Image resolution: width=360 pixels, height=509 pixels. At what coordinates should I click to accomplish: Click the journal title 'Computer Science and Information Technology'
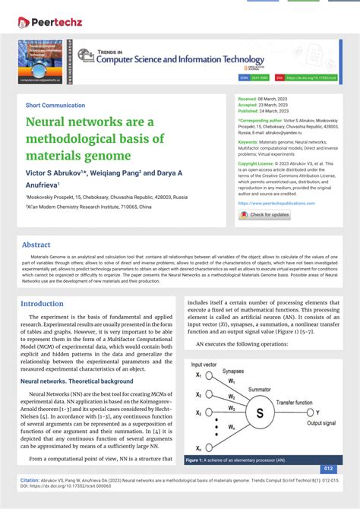tap(197, 59)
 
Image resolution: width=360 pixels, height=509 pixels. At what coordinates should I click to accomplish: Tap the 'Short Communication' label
tap(55, 105)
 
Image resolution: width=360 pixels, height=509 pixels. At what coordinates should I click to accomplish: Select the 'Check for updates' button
tap(265, 215)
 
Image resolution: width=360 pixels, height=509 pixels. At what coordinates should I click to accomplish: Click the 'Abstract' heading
tap(36, 245)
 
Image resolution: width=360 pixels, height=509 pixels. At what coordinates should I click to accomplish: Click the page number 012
tap(328, 469)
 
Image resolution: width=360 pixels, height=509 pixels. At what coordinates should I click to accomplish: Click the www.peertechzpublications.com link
tap(276, 204)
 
